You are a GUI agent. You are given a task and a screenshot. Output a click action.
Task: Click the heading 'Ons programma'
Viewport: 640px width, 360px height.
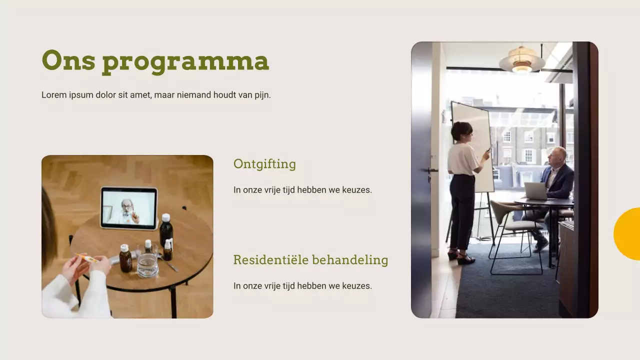click(155, 61)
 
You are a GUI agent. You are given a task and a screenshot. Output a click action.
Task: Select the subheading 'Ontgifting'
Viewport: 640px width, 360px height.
click(264, 164)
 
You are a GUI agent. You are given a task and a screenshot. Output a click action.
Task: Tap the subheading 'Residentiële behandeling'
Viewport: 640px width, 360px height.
click(310, 260)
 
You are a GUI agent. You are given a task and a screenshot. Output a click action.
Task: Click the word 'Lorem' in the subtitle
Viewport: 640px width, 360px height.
click(53, 95)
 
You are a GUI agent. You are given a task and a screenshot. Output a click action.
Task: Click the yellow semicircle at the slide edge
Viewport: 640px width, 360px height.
click(628, 233)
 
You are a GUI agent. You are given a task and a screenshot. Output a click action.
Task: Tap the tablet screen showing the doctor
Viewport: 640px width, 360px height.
click(129, 207)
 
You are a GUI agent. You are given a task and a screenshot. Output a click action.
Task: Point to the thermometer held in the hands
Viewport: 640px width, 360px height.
click(87, 258)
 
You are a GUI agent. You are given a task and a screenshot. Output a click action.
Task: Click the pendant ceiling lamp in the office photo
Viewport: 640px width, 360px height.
click(522, 60)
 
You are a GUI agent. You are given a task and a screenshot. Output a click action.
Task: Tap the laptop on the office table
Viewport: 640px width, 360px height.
click(535, 191)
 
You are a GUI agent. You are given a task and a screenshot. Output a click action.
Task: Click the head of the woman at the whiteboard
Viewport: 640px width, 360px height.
click(461, 131)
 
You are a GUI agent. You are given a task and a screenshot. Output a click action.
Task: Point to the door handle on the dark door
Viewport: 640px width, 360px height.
click(431, 171)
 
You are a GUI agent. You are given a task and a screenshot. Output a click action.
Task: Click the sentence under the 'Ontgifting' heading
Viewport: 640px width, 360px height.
click(302, 190)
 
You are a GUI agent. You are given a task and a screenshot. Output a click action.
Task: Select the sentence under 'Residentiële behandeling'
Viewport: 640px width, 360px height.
click(302, 286)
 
